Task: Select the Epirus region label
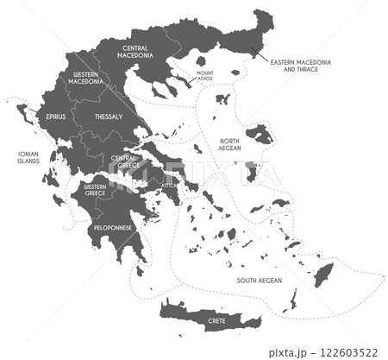55,116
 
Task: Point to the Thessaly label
109,116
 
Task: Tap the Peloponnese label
114,227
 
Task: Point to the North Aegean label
228,144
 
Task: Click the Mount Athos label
205,75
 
